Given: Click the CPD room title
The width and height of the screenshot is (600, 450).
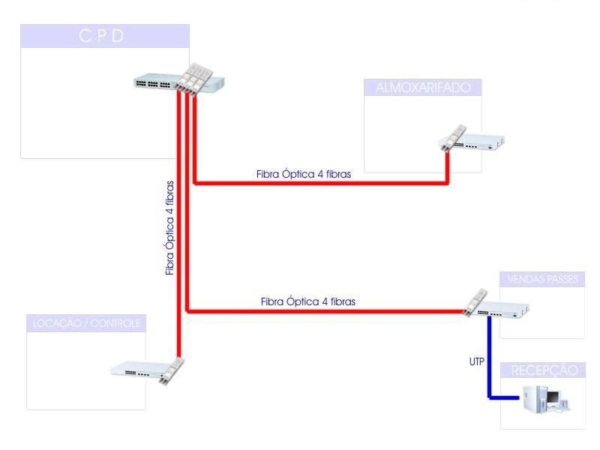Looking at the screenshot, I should pyautogui.click(x=101, y=36).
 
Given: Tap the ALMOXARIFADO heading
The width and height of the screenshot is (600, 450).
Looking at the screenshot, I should pyautogui.click(x=422, y=88).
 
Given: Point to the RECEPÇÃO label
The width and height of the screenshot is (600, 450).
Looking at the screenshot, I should pyautogui.click(x=544, y=370).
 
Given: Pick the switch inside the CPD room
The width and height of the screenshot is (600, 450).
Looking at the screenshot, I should pyautogui.click(x=161, y=83).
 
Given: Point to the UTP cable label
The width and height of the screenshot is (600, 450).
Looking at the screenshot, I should pyautogui.click(x=477, y=361).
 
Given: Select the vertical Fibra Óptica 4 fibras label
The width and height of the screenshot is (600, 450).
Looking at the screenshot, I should pyautogui.click(x=170, y=227).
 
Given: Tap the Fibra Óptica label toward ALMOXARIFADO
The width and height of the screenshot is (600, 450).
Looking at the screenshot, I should pyautogui.click(x=303, y=173).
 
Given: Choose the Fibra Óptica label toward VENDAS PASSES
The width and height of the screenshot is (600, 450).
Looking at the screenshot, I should pyautogui.click(x=308, y=301).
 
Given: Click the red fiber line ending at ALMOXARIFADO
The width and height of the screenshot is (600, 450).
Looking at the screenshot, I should pyautogui.click(x=322, y=182).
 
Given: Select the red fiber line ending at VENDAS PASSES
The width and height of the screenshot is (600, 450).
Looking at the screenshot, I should pyautogui.click(x=322, y=310).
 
